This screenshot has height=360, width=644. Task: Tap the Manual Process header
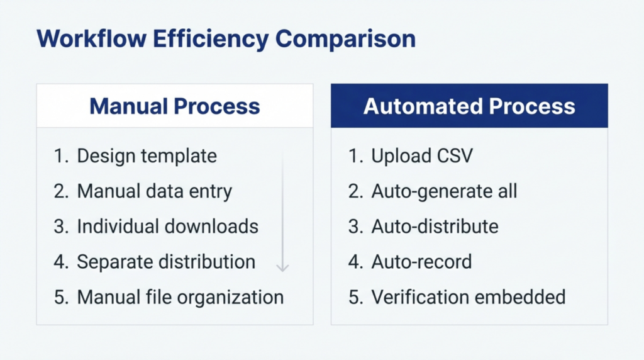[x=174, y=106]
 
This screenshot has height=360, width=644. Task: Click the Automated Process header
[x=469, y=106]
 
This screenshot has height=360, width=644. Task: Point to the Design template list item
[x=147, y=156]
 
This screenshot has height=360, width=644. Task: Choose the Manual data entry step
[x=154, y=191]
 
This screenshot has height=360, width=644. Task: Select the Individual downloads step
[x=167, y=227]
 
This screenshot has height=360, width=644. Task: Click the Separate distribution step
[x=166, y=261]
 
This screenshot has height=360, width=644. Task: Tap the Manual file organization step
[x=180, y=296]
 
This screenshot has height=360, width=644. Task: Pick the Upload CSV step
[x=421, y=156]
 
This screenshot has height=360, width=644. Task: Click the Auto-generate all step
[x=444, y=191]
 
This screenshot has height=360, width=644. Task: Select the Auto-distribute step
[x=435, y=227]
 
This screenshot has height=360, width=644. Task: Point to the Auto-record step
[x=421, y=261]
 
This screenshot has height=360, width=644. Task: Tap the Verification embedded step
[x=469, y=296]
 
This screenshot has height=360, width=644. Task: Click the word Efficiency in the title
[x=209, y=39]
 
